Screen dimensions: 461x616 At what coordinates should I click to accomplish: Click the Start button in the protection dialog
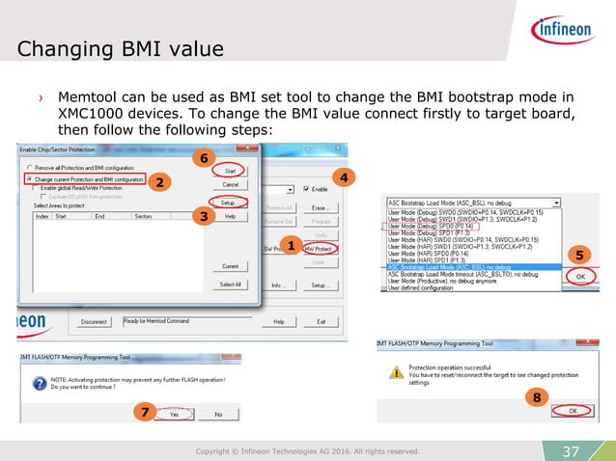pos(230,170)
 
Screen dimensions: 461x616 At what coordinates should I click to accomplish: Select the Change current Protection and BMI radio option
pos(28,179)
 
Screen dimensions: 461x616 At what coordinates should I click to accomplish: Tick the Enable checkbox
pos(306,189)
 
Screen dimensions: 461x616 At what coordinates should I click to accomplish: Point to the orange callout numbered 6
pos(202,156)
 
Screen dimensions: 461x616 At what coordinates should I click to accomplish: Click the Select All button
pos(230,285)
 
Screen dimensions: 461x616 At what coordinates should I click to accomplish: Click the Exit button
pos(322,321)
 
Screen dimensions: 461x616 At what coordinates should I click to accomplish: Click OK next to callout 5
pos(580,275)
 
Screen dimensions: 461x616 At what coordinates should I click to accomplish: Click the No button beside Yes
pos(218,414)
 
